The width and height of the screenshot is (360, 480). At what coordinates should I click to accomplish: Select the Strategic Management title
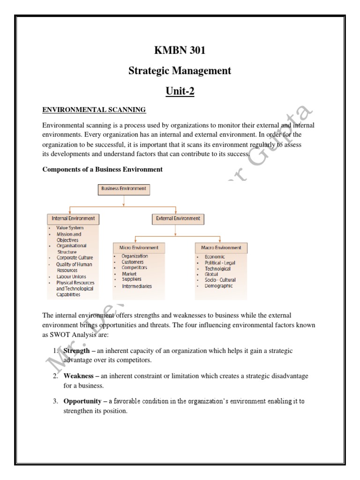(180, 71)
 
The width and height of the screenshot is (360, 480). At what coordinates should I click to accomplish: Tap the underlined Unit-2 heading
(180, 91)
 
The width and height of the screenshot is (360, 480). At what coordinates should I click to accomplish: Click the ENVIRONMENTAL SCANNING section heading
(94, 110)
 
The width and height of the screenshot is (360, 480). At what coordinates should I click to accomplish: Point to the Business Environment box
(124, 189)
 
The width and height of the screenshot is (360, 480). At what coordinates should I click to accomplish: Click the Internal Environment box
(73, 218)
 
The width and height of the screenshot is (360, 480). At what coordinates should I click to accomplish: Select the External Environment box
(176, 218)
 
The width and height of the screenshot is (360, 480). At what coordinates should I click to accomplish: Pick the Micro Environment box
(135, 247)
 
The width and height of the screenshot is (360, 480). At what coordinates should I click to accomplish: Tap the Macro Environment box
(221, 247)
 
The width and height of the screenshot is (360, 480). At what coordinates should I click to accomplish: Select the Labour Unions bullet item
(71, 277)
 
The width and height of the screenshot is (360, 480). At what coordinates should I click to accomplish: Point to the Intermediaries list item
(137, 286)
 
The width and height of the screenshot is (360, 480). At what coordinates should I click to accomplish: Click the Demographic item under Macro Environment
(218, 286)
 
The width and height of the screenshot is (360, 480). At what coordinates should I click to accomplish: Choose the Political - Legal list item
(220, 263)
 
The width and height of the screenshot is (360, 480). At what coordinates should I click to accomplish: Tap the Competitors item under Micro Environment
(134, 268)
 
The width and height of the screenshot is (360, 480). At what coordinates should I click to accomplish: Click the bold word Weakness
(79, 376)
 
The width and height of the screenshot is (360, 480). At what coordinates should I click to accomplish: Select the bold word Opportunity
(82, 401)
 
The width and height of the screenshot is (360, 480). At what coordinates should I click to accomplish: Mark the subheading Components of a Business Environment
(103, 170)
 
